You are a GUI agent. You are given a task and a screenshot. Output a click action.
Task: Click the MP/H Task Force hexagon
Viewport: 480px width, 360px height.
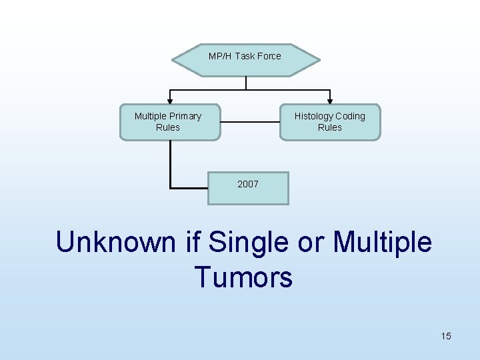coord(245,60)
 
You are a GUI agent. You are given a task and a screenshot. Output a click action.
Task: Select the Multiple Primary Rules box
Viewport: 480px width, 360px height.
coord(169,122)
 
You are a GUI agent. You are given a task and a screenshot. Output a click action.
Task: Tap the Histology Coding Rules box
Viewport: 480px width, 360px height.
coord(330,122)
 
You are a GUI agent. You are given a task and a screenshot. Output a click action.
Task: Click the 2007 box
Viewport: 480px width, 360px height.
coord(248,187)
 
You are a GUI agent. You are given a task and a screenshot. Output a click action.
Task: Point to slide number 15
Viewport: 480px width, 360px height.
coord(445,336)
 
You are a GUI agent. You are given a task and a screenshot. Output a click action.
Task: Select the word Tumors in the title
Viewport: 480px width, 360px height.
coord(243,277)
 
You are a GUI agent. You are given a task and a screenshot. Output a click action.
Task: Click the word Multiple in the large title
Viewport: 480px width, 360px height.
coord(382,242)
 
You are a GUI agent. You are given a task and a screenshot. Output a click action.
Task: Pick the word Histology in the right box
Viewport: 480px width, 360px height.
coord(313,116)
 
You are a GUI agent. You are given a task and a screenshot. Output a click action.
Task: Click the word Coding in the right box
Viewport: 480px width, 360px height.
coord(351,116)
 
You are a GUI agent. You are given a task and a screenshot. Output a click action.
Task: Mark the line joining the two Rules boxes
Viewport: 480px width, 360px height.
coord(249,122)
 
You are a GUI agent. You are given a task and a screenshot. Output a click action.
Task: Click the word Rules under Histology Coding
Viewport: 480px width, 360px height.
coord(330,127)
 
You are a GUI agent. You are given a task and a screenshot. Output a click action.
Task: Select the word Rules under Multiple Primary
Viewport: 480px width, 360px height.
coord(168,127)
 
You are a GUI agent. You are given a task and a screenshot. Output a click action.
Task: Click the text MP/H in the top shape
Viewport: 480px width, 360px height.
coord(220,56)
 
